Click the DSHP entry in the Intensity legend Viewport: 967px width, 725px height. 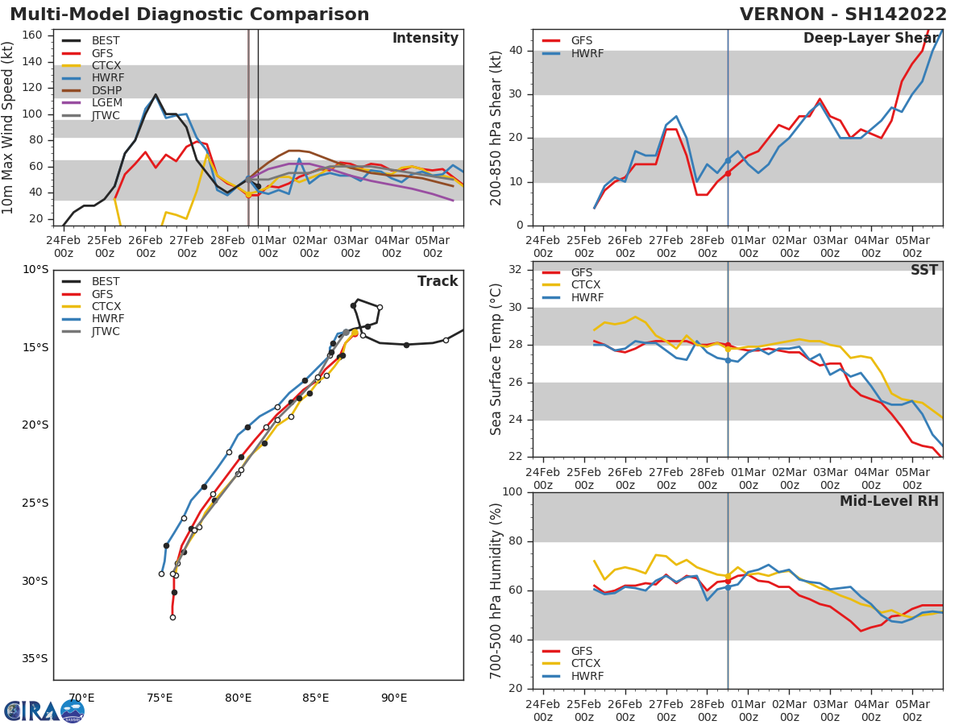click(x=106, y=90)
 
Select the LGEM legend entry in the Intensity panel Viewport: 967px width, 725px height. click(x=106, y=102)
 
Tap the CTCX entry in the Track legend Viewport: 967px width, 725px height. click(x=106, y=306)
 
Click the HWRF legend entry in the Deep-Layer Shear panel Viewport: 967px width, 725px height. click(x=586, y=53)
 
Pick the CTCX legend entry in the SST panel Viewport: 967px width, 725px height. click(x=586, y=285)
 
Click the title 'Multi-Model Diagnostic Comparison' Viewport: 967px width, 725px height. click(x=189, y=14)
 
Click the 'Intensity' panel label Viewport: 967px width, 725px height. click(x=425, y=39)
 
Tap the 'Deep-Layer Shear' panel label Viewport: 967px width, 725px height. click(x=870, y=39)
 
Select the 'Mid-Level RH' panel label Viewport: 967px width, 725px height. click(x=889, y=501)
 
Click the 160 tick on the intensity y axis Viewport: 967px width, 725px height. click(x=33, y=35)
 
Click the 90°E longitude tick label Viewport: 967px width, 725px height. click(x=393, y=698)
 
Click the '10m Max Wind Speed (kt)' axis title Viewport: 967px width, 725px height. click(x=9, y=127)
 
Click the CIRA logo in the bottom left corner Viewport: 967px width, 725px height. click(x=44, y=710)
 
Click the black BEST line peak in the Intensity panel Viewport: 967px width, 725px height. click(x=156, y=94)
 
